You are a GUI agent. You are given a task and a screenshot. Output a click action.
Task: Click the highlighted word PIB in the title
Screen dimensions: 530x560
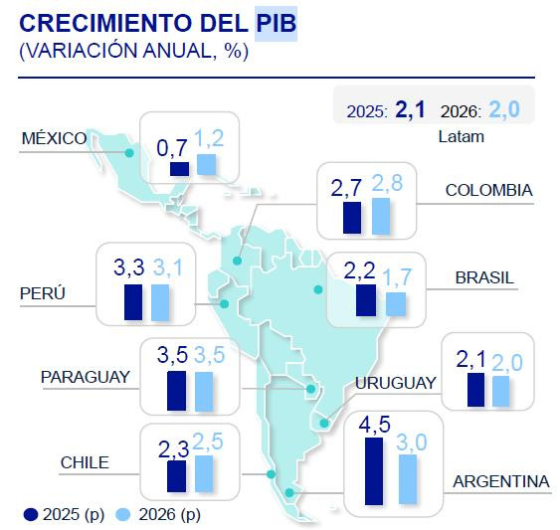click(276, 24)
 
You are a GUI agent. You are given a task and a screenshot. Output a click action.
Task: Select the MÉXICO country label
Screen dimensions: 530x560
click(54, 138)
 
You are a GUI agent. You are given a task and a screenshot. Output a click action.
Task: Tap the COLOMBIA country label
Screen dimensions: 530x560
click(488, 190)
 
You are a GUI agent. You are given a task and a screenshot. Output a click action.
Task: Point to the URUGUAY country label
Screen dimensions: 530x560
click(395, 383)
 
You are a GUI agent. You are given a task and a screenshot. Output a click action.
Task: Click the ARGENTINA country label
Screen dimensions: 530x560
click(500, 481)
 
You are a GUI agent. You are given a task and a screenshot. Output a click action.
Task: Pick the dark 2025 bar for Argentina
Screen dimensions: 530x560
click(373, 470)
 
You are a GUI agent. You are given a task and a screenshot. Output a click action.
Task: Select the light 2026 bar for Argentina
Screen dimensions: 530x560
click(408, 479)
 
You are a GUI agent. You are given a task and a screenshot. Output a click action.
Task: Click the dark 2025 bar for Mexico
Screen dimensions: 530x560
click(179, 169)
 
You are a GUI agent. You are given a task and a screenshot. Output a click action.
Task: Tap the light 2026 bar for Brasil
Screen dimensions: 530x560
click(395, 304)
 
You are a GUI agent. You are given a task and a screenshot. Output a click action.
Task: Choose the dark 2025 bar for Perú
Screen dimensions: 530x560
click(133, 301)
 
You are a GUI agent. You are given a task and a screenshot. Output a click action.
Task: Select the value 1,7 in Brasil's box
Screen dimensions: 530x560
click(397, 274)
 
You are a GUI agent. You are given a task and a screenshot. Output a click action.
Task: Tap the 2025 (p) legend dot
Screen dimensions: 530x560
click(31, 514)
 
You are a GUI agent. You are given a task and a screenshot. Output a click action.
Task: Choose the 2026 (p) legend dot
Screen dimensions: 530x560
click(123, 514)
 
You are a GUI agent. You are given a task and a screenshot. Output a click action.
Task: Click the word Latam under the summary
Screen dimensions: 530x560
click(461, 136)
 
